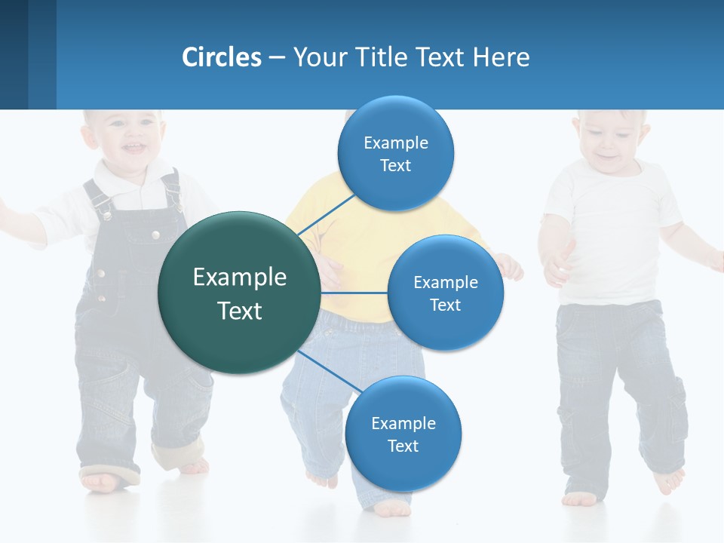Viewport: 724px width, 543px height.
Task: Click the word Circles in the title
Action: (222, 57)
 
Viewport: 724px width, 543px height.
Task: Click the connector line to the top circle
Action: (329, 214)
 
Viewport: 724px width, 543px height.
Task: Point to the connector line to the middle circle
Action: (354, 292)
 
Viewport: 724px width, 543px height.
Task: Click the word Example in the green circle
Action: (240, 278)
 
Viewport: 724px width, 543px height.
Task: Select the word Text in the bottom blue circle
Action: (403, 446)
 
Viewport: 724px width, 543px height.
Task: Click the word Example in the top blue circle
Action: (396, 143)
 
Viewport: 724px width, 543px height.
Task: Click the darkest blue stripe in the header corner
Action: (14, 54)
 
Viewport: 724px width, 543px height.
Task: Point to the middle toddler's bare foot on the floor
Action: (392, 509)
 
